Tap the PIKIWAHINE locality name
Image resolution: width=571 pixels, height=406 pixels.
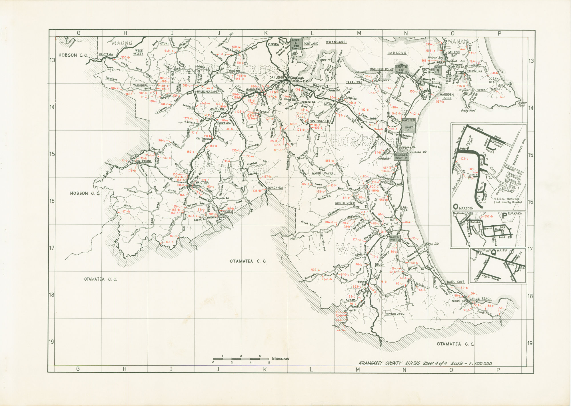pyautogui.click(x=144, y=161)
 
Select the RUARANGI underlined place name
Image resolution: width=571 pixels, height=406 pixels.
pyautogui.click(x=275, y=188)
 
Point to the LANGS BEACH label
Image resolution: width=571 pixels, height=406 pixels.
pyautogui.click(x=480, y=299)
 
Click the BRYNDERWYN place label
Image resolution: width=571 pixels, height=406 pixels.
pyautogui.click(x=395, y=314)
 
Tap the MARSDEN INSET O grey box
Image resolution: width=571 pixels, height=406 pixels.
pyautogui.click(x=408, y=125)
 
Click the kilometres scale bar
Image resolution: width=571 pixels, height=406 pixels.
pyautogui.click(x=241, y=359)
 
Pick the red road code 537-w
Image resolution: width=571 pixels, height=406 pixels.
pyautogui.click(x=316, y=270)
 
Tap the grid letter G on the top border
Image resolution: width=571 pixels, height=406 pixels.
pyautogui.click(x=78, y=33)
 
